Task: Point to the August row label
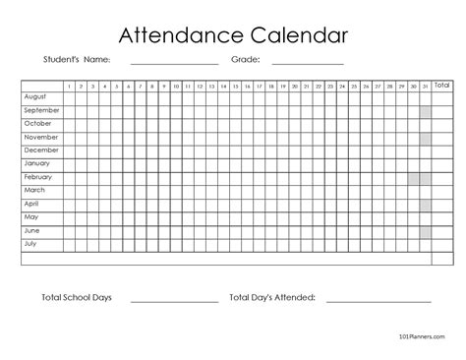(35, 98)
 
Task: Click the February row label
(37, 178)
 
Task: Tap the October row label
(36, 125)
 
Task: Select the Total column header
(444, 86)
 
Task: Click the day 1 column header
(70, 86)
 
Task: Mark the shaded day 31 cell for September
(426, 112)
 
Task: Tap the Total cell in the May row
(444, 217)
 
